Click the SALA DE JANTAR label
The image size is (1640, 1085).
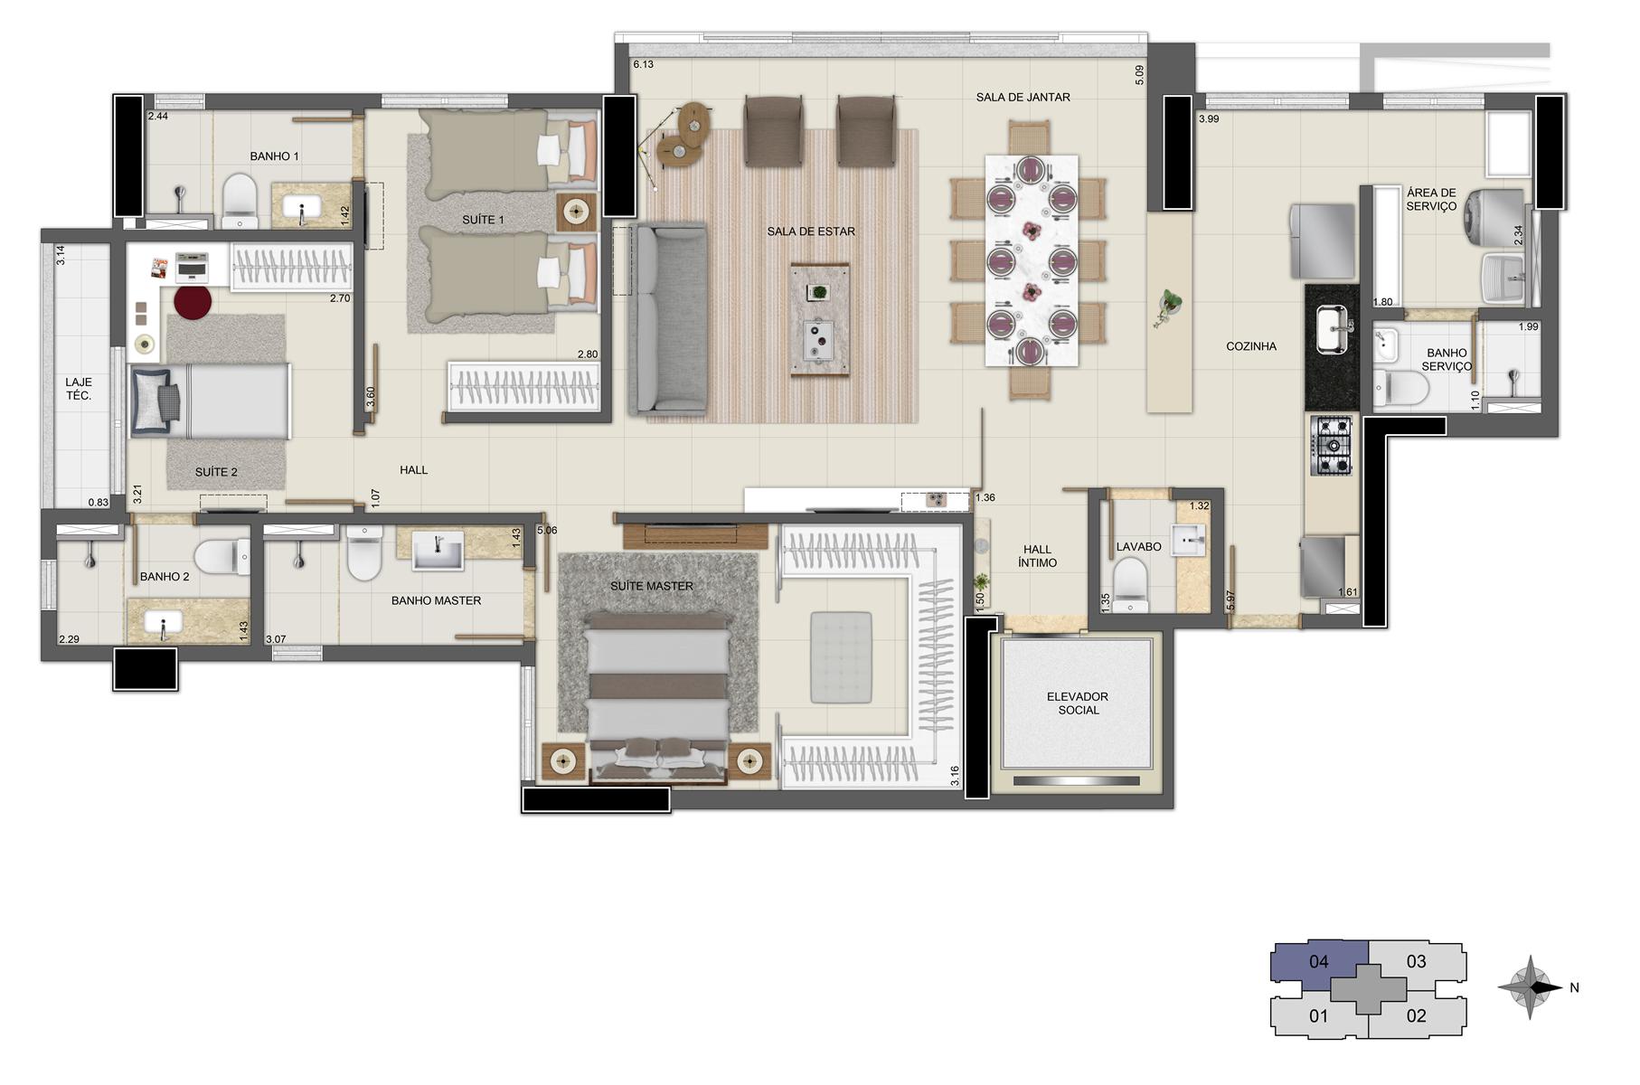click(x=1023, y=98)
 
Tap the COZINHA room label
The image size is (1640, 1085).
click(x=1251, y=346)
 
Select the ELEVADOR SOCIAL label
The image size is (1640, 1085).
click(x=1078, y=703)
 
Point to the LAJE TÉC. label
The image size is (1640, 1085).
click(x=79, y=389)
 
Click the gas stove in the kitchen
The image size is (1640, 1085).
click(x=1331, y=446)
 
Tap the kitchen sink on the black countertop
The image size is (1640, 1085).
click(x=1332, y=327)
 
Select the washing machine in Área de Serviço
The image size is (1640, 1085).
click(x=1495, y=215)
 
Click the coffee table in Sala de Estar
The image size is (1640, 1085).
click(x=820, y=319)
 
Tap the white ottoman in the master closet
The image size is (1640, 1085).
click(x=841, y=657)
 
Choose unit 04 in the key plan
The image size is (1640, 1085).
click(x=1319, y=962)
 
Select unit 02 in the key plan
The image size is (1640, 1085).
click(x=1416, y=1016)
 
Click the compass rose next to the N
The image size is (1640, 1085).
click(x=1530, y=987)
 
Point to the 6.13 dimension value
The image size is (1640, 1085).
click(x=643, y=65)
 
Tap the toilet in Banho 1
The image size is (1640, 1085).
click(x=240, y=200)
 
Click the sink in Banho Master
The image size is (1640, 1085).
click(x=438, y=551)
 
